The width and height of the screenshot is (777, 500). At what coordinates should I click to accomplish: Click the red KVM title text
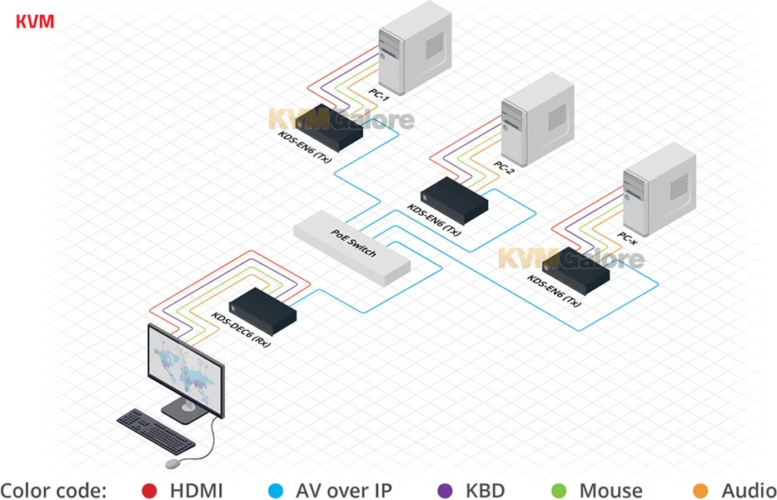[34, 21]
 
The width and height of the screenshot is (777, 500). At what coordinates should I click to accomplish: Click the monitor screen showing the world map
[184, 369]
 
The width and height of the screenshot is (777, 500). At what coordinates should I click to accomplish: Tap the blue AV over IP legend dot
[275, 490]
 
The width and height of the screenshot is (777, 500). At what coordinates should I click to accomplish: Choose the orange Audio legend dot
[700, 490]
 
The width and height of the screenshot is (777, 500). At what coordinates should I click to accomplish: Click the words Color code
[53, 490]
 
